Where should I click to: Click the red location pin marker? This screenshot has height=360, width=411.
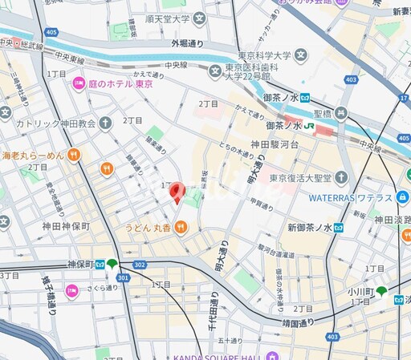tap(177, 192)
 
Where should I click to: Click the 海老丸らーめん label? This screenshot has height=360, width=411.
tap(31, 155)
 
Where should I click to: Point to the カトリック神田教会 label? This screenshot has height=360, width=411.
tap(57, 123)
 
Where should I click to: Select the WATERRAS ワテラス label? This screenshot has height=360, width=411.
tap(352, 198)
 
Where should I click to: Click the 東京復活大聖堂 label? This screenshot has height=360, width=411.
tap(301, 177)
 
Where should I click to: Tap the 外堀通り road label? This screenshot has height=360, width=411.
tap(187, 42)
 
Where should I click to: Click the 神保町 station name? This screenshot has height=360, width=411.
tap(79, 264)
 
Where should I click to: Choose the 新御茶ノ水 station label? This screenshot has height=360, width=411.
tap(310, 228)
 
